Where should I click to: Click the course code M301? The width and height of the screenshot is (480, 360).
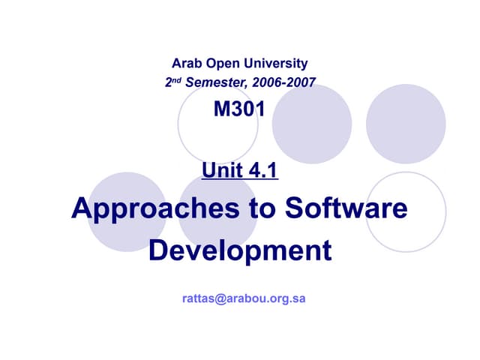(x=239, y=110)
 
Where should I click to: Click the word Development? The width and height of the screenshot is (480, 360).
(x=240, y=250)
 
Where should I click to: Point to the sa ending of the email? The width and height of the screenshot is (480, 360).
(x=298, y=298)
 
